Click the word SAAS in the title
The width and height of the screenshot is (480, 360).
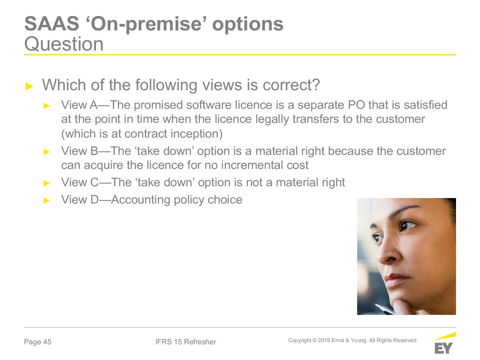52,24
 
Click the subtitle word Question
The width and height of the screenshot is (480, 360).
64,44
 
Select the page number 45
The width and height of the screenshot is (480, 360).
47,342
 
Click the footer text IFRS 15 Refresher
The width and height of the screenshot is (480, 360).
185,342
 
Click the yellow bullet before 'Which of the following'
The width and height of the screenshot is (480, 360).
29,86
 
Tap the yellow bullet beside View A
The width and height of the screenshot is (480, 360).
47,106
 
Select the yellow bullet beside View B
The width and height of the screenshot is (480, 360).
47,152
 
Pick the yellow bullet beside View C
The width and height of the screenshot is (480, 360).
47,183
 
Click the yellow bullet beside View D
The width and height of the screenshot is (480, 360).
47,200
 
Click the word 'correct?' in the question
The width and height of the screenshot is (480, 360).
291,85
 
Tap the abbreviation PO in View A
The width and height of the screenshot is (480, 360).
356,105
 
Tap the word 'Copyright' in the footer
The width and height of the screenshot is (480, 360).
300,340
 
